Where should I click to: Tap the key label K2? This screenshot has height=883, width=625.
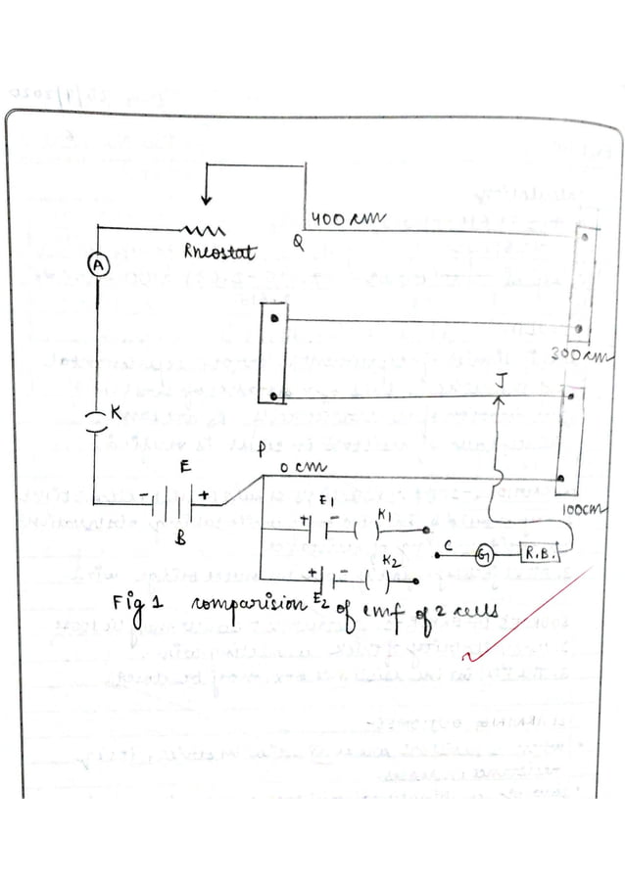(x=389, y=561)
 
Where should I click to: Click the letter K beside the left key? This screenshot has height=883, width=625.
(x=117, y=414)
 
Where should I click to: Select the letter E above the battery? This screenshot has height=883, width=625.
(x=184, y=469)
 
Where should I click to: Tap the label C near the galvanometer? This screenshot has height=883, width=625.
(x=448, y=544)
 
